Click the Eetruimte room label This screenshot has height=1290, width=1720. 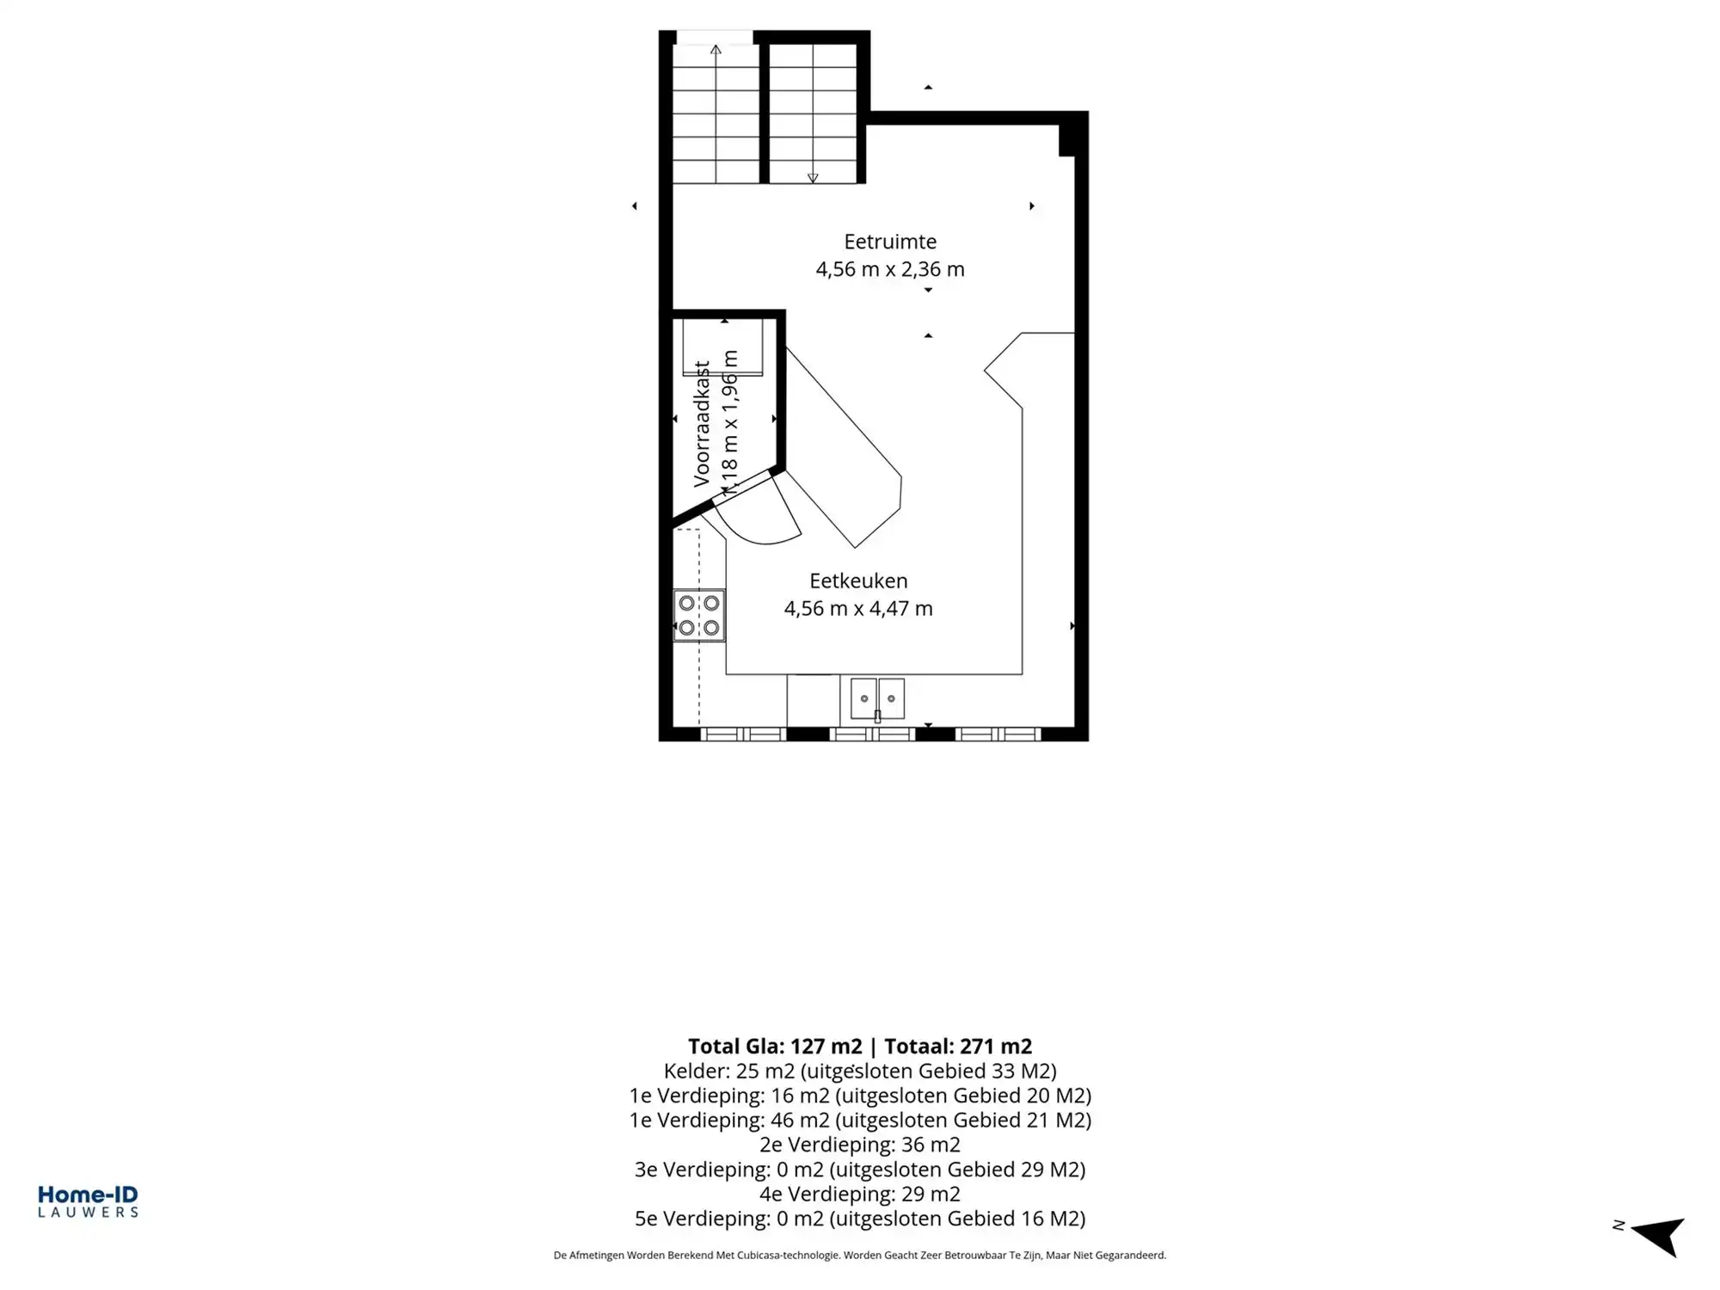[890, 242]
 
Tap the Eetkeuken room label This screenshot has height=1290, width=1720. [858, 580]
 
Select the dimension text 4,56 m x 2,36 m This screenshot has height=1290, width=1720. [890, 269]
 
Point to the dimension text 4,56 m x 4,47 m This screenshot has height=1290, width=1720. [858, 609]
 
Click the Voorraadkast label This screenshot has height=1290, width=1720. [702, 424]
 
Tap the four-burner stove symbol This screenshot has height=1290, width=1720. [699, 616]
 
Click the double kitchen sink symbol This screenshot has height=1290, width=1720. [877, 698]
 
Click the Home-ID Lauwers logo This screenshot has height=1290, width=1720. [88, 1201]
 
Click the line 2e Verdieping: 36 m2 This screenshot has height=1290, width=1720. [860, 1145]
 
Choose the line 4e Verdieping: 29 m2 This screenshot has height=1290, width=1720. [860, 1194]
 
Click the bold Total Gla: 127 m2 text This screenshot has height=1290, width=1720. [775, 1047]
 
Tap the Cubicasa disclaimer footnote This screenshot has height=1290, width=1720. [860, 1256]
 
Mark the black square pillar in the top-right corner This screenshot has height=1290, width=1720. [1066, 140]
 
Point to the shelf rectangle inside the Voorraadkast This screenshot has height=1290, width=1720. [722, 347]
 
